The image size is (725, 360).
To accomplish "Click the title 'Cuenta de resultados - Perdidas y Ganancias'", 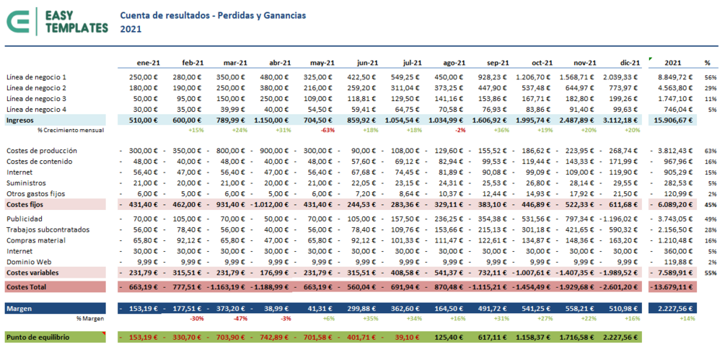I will coord(213,14).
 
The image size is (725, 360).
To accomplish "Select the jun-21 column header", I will coord(367,63).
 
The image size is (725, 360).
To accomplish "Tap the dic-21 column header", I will coord(629,63).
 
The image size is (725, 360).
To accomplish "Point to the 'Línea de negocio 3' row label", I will coord(36,98).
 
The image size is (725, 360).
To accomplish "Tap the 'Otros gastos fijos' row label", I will coord(35,194).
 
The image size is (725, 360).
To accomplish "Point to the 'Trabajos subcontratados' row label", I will coord(47,229).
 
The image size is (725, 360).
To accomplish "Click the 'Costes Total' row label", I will coord(26,287).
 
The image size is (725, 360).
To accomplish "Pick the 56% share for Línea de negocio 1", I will coord(710,77).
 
